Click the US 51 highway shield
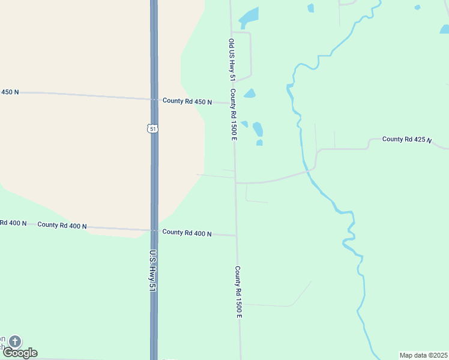(153, 128)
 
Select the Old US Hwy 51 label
(232, 60)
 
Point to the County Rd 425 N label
(407, 139)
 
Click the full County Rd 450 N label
(187, 101)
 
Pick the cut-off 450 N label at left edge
(10, 92)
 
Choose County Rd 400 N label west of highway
(62, 225)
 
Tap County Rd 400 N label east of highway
(187, 232)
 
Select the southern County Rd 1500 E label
(238, 292)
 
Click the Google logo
(20, 353)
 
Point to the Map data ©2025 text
(424, 355)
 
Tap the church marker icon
(14, 341)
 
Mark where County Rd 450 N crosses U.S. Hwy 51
(154, 99)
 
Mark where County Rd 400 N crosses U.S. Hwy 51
(154, 230)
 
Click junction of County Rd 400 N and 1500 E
(236, 235)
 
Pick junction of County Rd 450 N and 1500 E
(233, 103)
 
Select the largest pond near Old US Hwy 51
(249, 17)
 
